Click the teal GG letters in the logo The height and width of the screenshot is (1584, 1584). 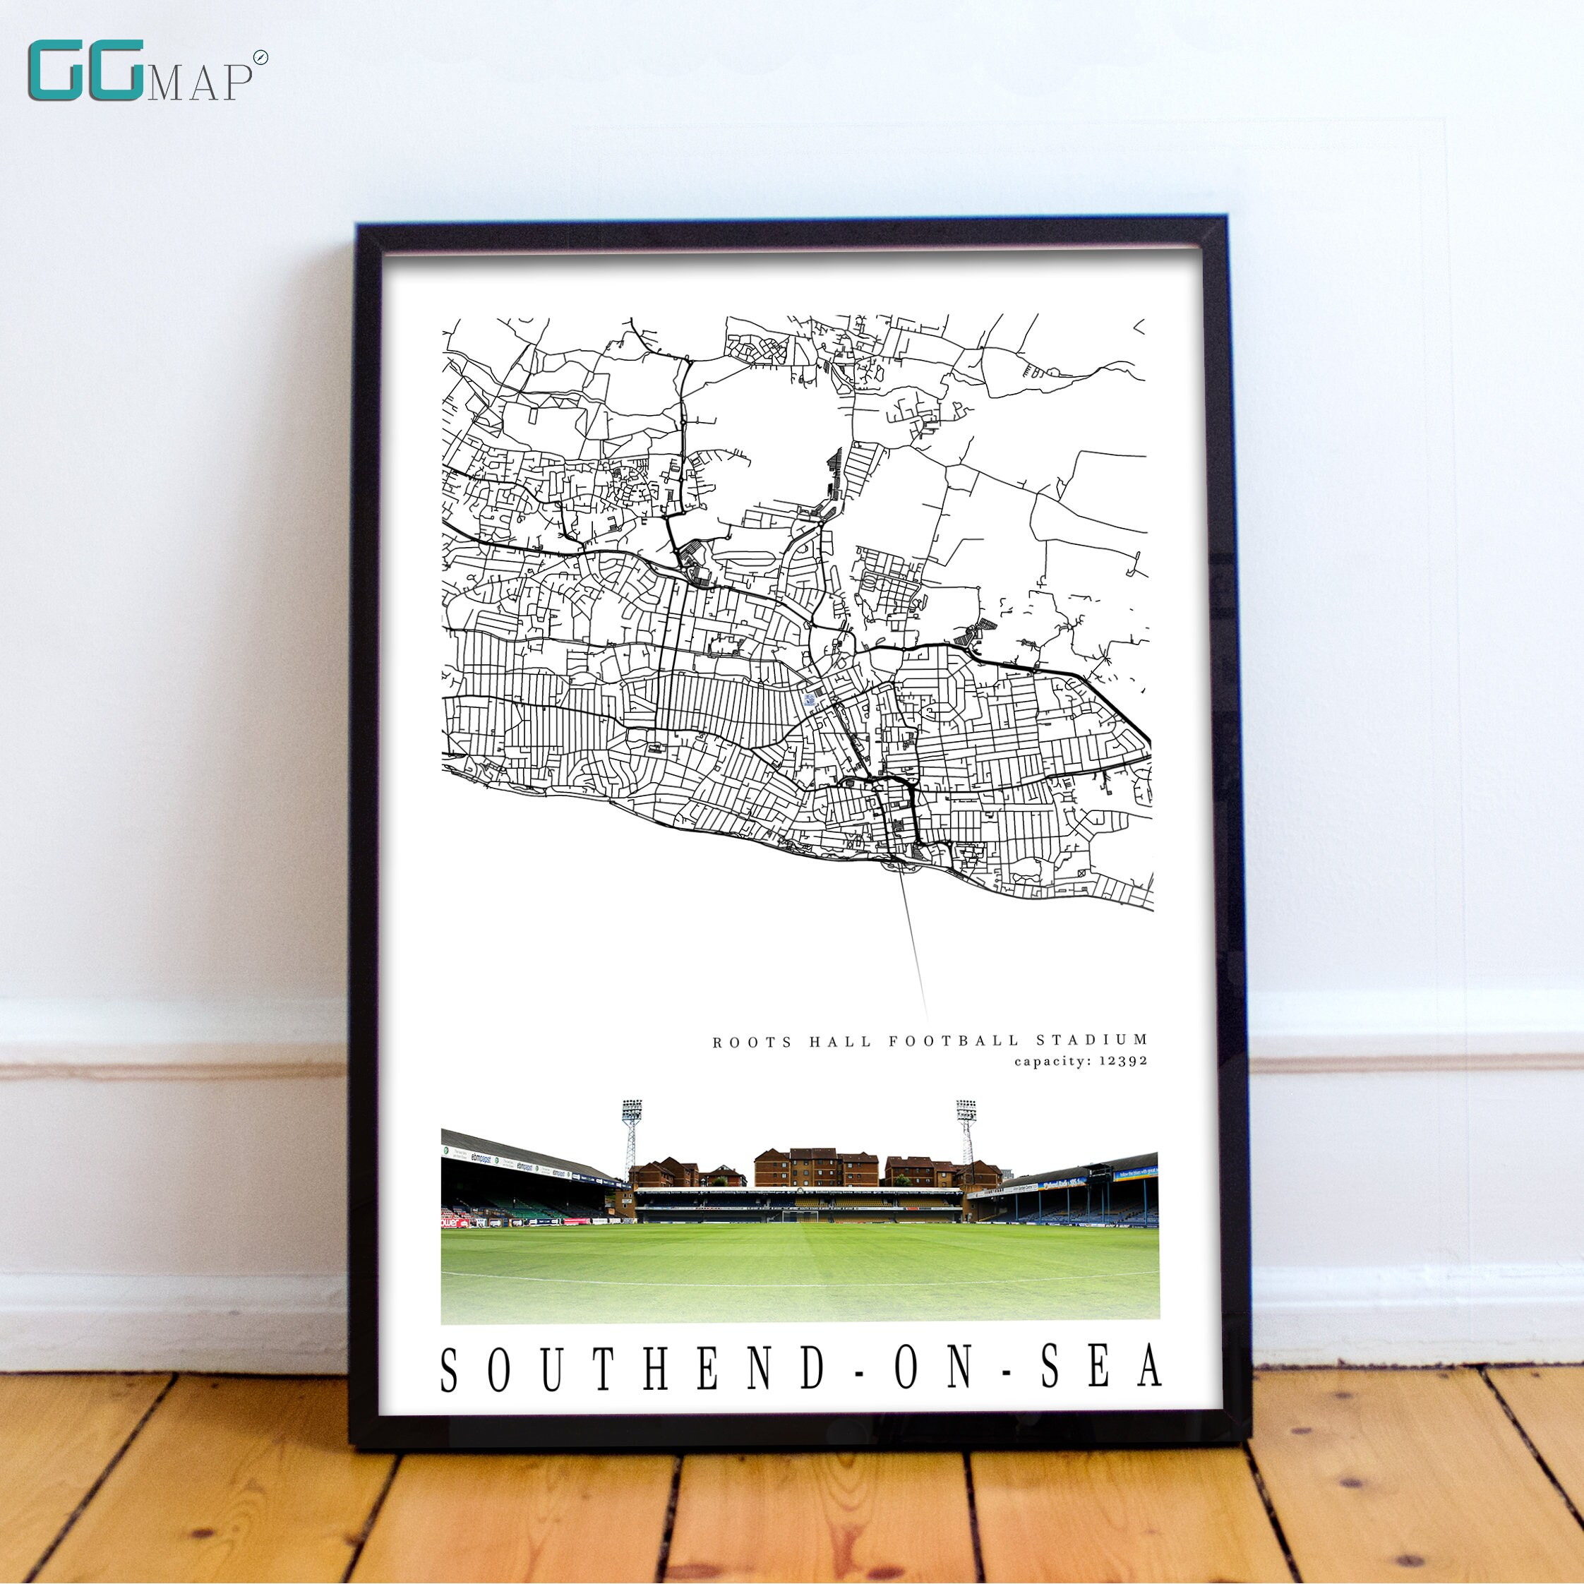click(x=86, y=71)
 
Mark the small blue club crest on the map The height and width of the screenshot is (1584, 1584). click(x=809, y=700)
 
